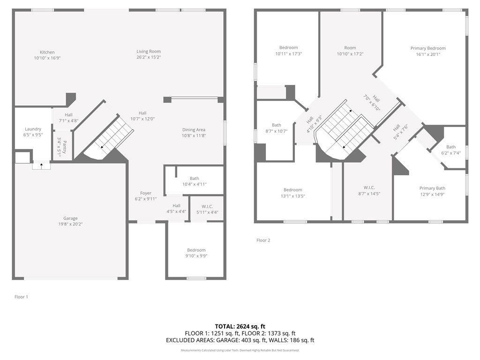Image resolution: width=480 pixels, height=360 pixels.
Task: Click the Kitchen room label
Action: coord(47,52)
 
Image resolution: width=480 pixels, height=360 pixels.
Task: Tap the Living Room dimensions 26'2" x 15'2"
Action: coord(149,57)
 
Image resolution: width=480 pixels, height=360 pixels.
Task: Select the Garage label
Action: coord(71,218)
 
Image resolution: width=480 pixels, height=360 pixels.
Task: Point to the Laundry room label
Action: coord(33,129)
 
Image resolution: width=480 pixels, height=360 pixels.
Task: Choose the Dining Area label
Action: coord(194,130)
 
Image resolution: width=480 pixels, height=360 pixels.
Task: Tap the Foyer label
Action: coord(146,193)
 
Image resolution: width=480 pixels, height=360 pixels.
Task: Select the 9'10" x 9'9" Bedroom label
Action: coord(196,250)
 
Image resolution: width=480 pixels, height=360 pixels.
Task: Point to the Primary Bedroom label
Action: coord(428,48)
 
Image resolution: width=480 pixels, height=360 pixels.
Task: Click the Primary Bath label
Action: coord(432,188)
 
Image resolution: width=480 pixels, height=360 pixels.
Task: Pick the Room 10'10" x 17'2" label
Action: coord(350,48)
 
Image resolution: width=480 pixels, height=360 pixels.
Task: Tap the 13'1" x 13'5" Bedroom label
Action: coord(292,190)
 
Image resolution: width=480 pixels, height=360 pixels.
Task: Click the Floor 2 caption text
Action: coord(263,240)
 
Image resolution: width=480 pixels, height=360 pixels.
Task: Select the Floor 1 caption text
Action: coord(21,297)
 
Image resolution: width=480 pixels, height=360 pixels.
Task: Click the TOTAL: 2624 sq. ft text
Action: coord(240,326)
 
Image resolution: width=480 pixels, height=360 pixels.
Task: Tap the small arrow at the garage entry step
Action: coord(41,165)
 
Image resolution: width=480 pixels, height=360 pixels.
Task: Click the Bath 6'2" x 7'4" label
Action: coord(451,147)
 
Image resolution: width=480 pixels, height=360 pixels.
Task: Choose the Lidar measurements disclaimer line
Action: coord(240,350)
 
